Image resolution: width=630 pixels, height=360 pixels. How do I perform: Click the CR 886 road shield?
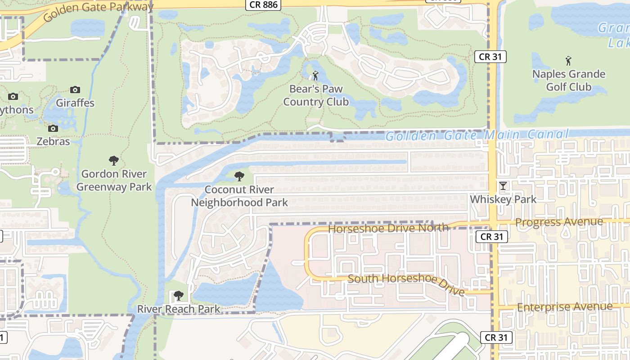pyautogui.click(x=263, y=5)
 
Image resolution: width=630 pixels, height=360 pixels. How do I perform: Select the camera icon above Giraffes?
pyautogui.click(x=75, y=90)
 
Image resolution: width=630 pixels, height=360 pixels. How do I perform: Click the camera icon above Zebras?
pyautogui.click(x=53, y=129)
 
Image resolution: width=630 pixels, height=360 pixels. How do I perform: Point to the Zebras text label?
pyautogui.click(x=53, y=141)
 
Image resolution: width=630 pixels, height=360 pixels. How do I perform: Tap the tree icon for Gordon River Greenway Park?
pyautogui.click(x=114, y=161)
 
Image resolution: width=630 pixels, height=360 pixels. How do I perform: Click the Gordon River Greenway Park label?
pyautogui.click(x=114, y=180)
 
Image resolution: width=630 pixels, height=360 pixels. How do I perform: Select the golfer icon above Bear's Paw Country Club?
pyautogui.click(x=315, y=76)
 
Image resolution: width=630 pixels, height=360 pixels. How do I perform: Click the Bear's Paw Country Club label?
pyautogui.click(x=316, y=95)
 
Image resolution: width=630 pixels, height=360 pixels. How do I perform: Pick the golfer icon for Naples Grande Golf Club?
pyautogui.click(x=568, y=61)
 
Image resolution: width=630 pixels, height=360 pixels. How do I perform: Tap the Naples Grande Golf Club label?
pyautogui.click(x=569, y=80)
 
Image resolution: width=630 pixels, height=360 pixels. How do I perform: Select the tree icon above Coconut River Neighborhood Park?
pyautogui.click(x=239, y=176)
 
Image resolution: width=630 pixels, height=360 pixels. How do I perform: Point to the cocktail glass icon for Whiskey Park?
pyautogui.click(x=503, y=186)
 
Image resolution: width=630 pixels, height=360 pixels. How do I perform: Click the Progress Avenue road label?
pyautogui.click(x=559, y=222)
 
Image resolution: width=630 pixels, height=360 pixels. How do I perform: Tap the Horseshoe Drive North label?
pyautogui.click(x=388, y=228)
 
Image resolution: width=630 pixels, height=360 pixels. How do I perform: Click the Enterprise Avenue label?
pyautogui.click(x=565, y=307)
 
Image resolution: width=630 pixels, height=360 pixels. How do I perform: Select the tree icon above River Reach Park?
pyautogui.click(x=179, y=296)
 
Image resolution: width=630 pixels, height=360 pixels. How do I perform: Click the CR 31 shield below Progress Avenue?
pyautogui.click(x=491, y=237)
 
